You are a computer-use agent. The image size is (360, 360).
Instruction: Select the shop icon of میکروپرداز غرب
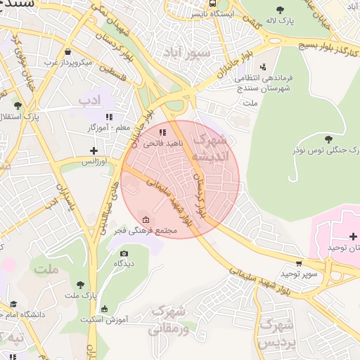pos(67,51)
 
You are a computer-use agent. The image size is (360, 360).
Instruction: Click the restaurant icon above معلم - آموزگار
pos(108,117)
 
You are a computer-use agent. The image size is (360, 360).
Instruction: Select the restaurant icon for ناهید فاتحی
pos(162,131)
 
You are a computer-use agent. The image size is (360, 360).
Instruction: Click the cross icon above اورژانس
pos(94,150)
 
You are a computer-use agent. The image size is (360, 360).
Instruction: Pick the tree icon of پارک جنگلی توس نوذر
pos(328,139)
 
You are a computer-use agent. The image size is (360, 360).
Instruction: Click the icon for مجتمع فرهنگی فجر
pos(146,219)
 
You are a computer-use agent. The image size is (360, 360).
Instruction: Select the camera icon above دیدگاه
pos(124,253)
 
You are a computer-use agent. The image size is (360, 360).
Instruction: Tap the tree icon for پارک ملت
pos(81,285)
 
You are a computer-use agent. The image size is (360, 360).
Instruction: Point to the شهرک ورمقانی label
pos(171,319)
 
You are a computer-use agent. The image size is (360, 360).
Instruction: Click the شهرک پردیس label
pos(276,333)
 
